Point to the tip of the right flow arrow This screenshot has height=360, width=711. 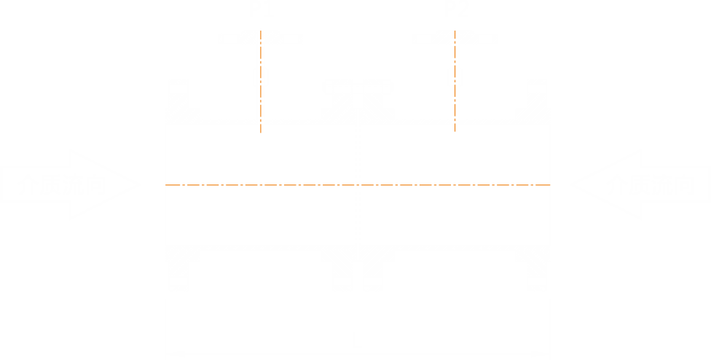(x=570, y=185)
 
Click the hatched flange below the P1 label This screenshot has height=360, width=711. (x=260, y=36)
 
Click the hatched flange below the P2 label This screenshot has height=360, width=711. (x=455, y=36)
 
